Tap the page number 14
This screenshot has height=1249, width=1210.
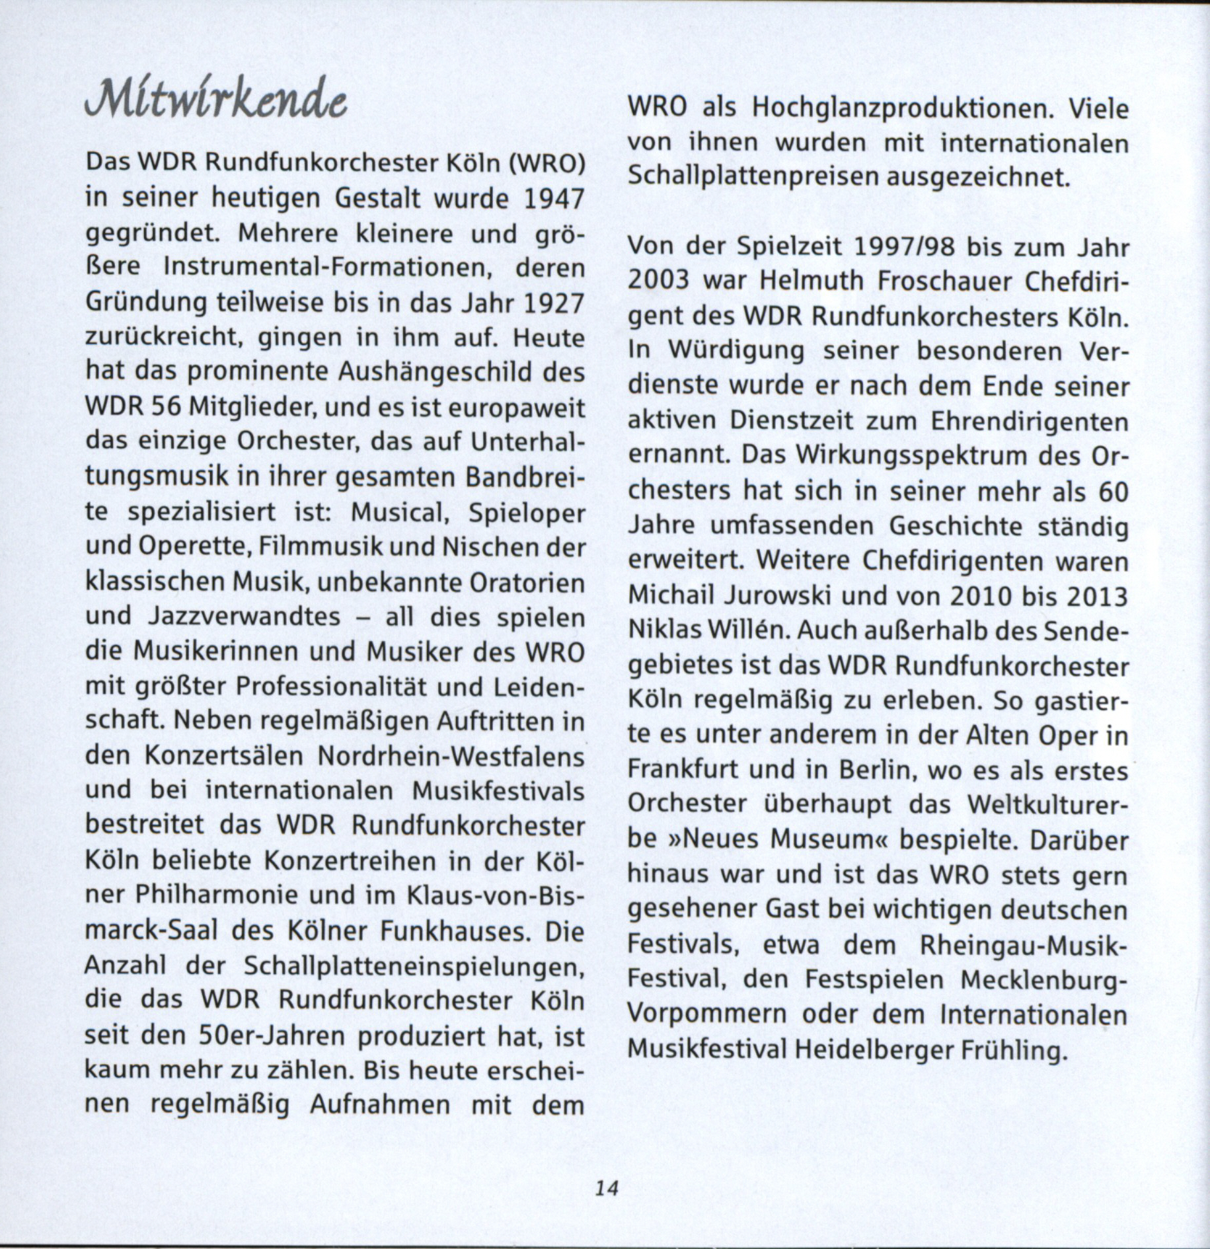tap(605, 1188)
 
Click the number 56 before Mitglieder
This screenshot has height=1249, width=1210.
tap(166, 408)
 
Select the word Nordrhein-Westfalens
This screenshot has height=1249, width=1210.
tap(451, 756)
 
